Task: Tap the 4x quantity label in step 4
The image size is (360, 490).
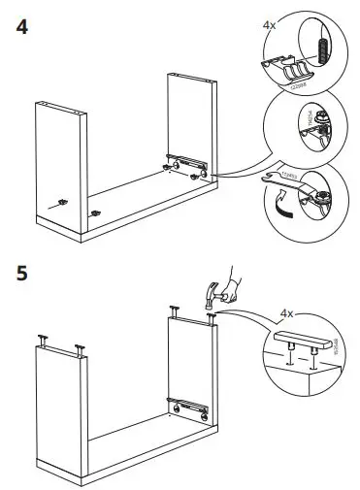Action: (x=270, y=20)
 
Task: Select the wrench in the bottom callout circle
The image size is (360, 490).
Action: (x=282, y=180)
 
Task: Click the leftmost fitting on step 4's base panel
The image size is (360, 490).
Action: (x=62, y=201)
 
